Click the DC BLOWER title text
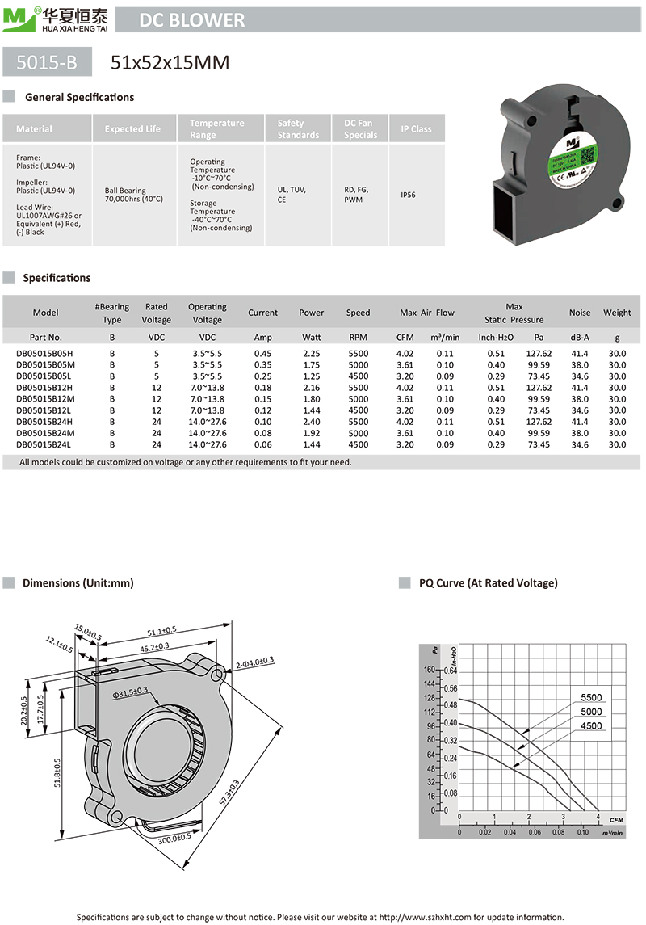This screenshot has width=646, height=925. click(x=191, y=20)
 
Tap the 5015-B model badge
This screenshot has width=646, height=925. click(x=48, y=62)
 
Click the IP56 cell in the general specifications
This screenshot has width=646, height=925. click(x=408, y=195)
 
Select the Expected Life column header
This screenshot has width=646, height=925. click(x=132, y=128)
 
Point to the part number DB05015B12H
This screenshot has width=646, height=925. click(x=44, y=388)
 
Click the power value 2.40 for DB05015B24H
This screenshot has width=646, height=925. click(x=311, y=422)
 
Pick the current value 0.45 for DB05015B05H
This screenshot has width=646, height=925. click(x=262, y=354)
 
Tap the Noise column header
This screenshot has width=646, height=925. click(x=579, y=313)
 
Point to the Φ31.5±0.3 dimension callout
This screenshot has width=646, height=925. click(x=130, y=692)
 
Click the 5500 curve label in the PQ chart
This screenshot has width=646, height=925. click(x=591, y=698)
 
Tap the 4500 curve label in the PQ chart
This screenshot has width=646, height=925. click(x=591, y=725)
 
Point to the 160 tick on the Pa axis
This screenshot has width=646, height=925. click(x=428, y=670)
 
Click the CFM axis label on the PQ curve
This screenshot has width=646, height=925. click(x=616, y=820)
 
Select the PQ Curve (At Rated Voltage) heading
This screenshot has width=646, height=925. click(x=489, y=582)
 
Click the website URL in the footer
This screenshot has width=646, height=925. click(x=426, y=917)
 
